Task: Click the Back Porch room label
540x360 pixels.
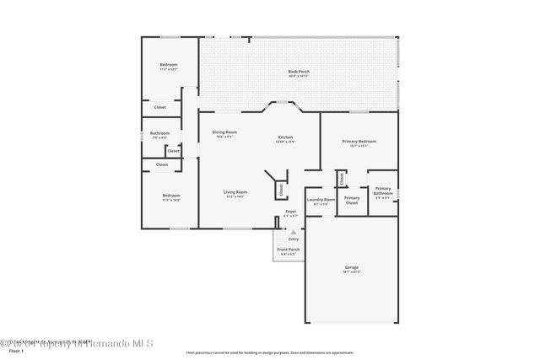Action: coord(299,72)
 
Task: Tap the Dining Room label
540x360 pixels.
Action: coord(224,132)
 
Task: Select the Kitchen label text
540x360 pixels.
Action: coord(286,138)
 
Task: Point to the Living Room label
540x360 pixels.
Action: coord(235,192)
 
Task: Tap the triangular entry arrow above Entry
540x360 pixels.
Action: coord(294,232)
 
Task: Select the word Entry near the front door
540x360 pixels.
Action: coord(294,239)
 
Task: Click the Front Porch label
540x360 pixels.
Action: coord(289,250)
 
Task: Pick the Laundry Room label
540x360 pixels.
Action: coord(321,200)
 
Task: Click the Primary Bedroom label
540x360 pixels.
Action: coord(359,142)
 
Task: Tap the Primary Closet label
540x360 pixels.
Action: coord(352,200)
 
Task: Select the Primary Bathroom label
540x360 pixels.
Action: coord(382,192)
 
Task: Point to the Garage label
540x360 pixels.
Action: coord(351,268)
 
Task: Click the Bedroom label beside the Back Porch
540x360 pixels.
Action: coord(170,66)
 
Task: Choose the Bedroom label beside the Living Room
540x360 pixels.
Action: coord(170,196)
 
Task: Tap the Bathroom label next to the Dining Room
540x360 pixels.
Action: coord(159,134)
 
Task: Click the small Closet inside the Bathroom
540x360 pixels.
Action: coord(173,151)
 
